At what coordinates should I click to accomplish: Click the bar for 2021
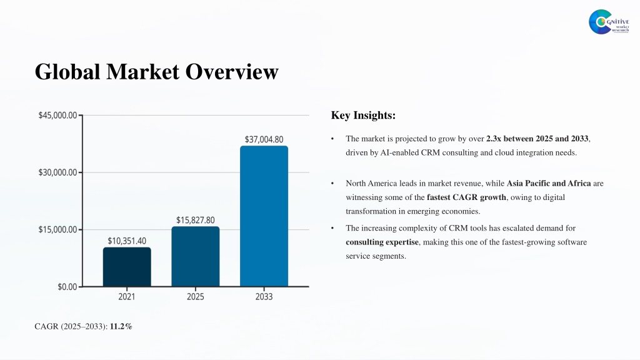click(x=127, y=267)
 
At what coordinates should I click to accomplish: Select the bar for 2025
click(x=196, y=256)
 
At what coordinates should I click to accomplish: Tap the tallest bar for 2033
click(x=264, y=216)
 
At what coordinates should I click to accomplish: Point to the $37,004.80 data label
click(x=264, y=139)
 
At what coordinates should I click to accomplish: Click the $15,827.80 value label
click(x=196, y=221)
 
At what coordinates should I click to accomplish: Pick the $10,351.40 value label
click(x=127, y=241)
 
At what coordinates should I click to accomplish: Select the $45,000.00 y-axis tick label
click(x=57, y=116)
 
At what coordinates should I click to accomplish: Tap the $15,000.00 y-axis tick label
click(x=57, y=230)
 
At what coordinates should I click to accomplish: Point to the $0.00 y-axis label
click(x=67, y=287)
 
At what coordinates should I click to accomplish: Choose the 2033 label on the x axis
click(x=264, y=297)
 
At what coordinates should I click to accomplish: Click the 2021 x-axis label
click(x=126, y=297)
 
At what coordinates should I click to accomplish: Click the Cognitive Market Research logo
click(x=609, y=22)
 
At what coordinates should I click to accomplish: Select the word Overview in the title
click(x=232, y=71)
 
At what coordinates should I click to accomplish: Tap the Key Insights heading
click(x=363, y=115)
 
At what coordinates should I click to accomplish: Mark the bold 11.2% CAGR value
click(x=121, y=326)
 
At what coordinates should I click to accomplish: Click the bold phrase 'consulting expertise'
click(x=382, y=242)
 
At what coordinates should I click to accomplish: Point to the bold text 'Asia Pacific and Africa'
click(x=549, y=183)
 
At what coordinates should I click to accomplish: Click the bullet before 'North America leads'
click(x=332, y=184)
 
